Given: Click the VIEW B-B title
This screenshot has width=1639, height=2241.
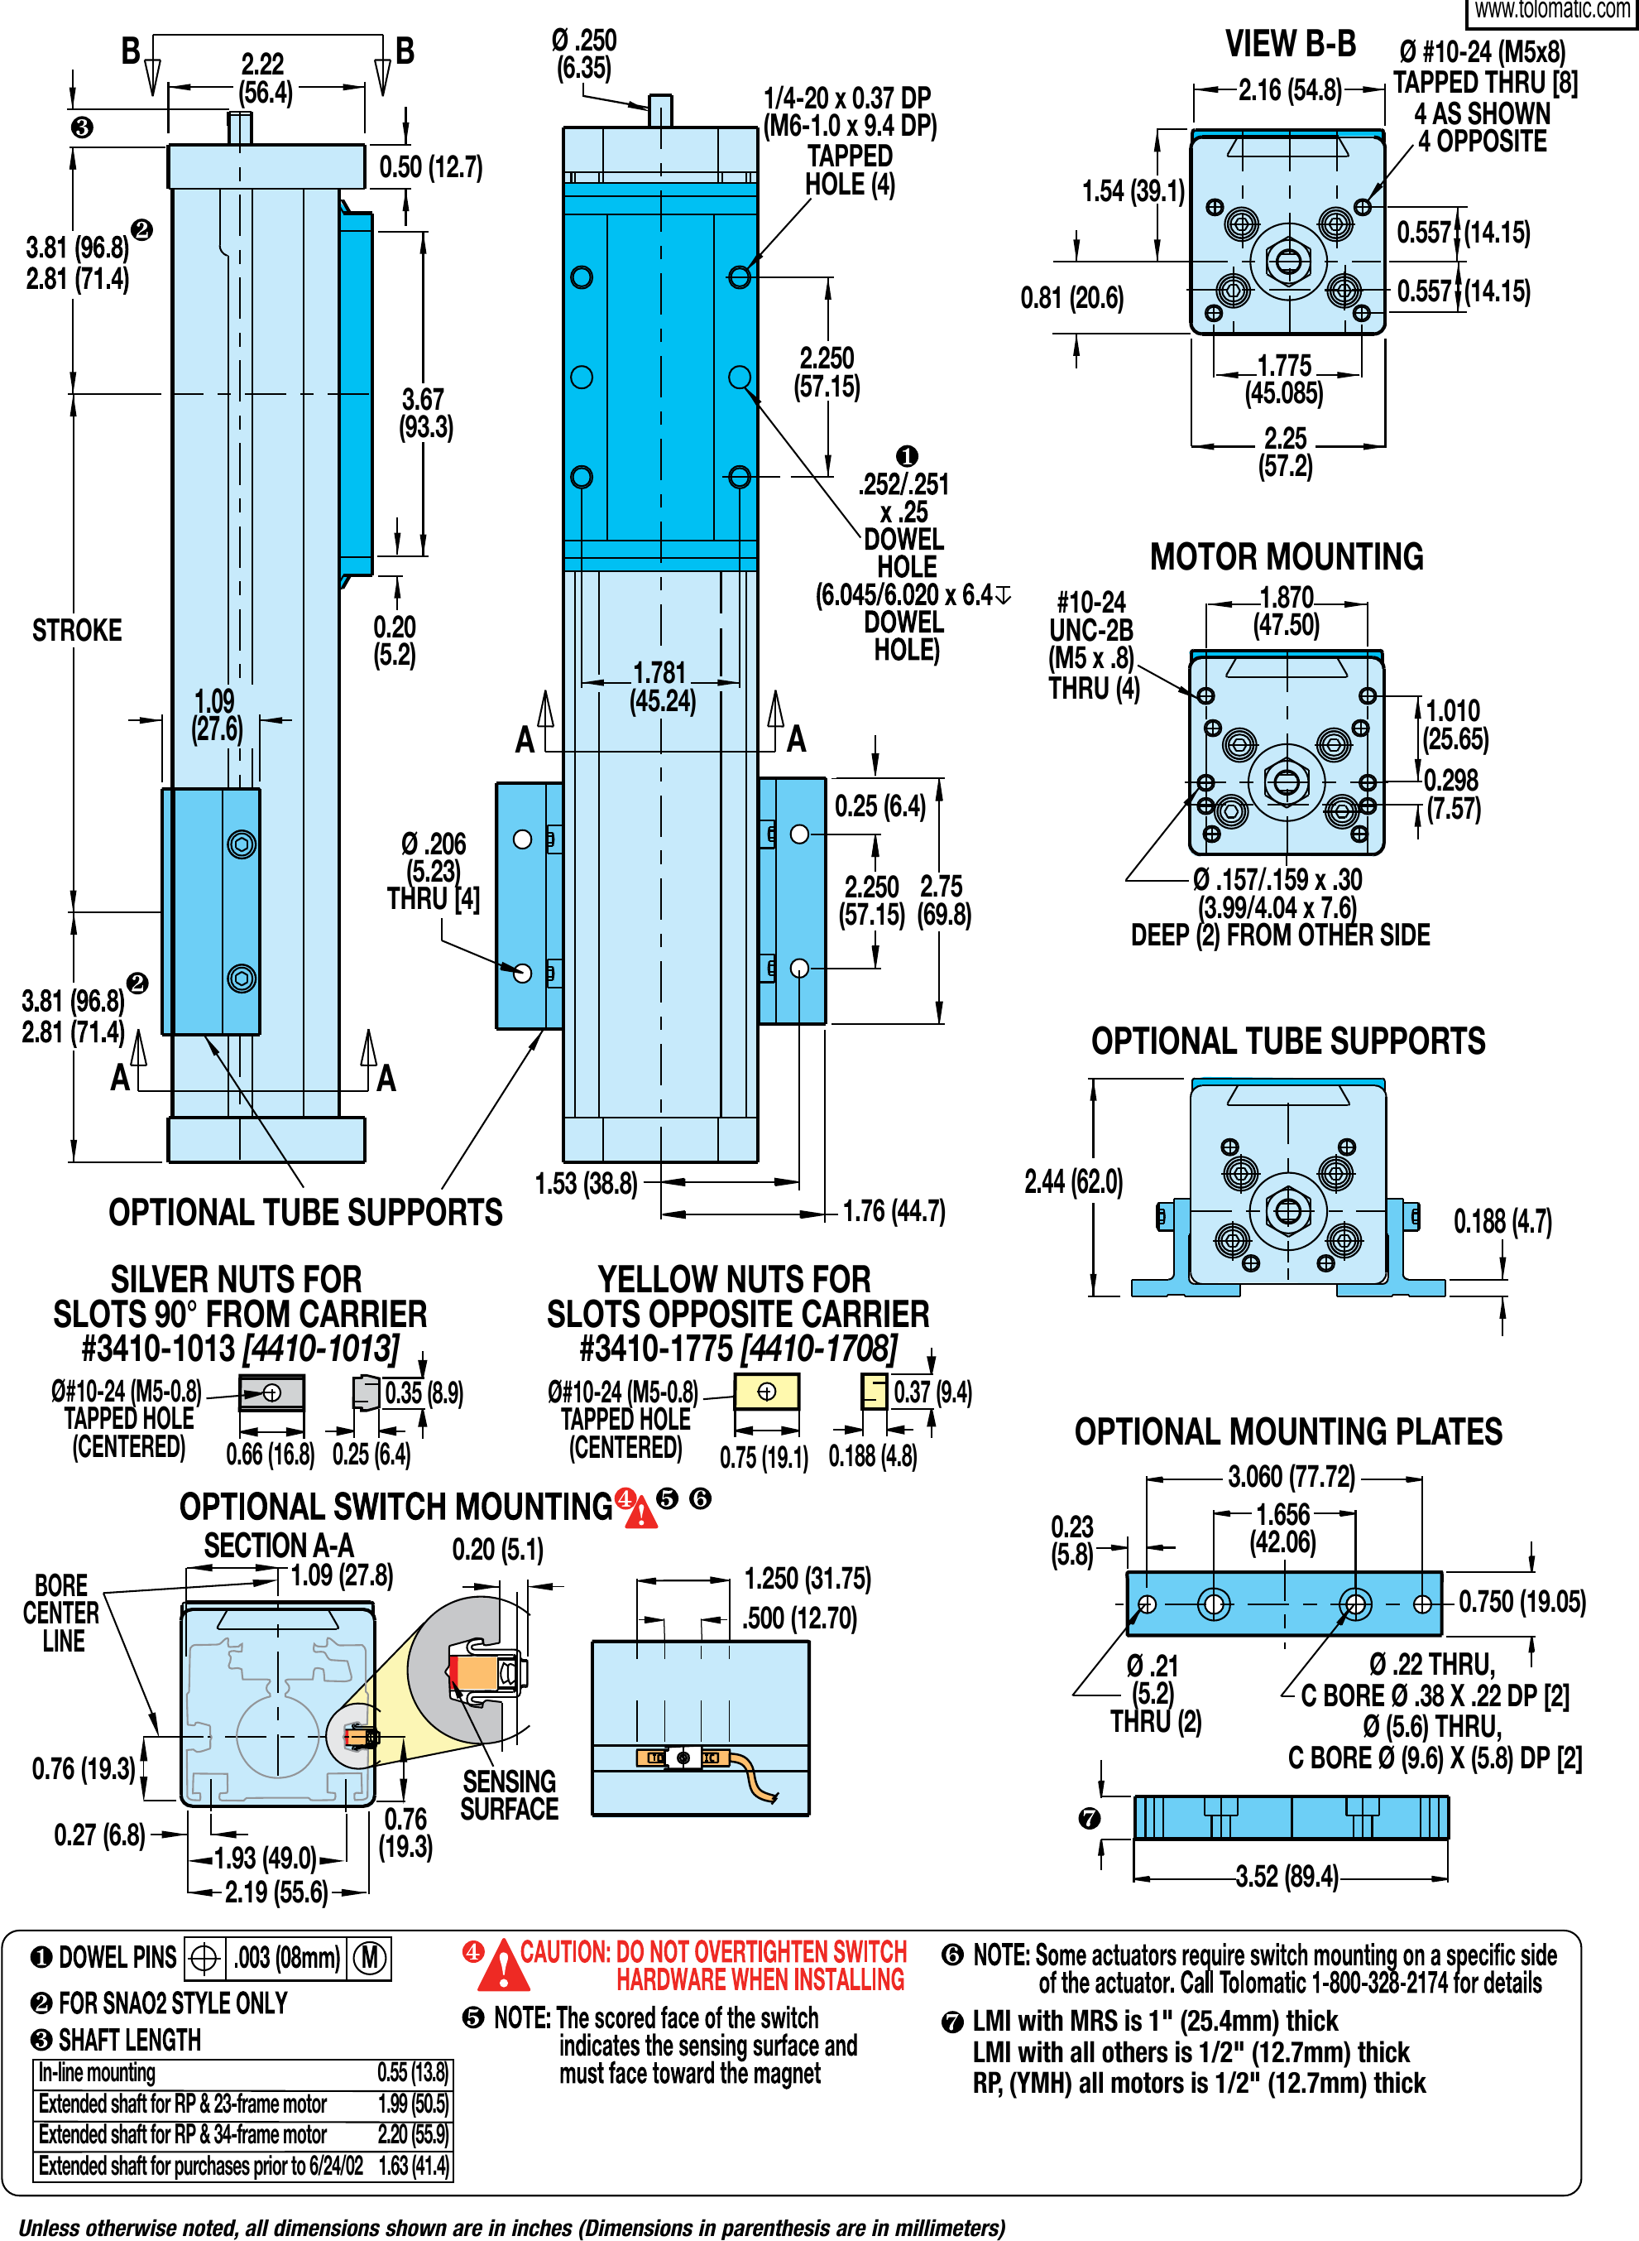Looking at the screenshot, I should click(x=1290, y=44).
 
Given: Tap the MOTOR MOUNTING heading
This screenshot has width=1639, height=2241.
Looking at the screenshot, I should click(x=1286, y=557).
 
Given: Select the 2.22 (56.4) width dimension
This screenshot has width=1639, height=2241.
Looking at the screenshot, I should click(x=263, y=79).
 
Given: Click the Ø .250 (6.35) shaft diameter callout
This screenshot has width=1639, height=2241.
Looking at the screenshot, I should click(x=584, y=55).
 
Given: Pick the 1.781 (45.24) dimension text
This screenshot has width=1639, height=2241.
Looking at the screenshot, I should click(x=662, y=687).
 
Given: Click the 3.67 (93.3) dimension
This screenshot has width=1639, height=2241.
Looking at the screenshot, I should click(x=425, y=414).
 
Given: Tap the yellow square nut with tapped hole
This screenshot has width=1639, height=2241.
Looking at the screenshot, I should click(x=766, y=1392).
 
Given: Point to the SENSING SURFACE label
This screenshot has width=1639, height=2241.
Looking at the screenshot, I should click(x=509, y=1795).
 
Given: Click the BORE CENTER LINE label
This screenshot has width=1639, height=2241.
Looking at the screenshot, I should click(x=61, y=1613).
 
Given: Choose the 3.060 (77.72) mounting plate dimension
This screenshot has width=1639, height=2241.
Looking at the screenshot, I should click(x=1290, y=1477).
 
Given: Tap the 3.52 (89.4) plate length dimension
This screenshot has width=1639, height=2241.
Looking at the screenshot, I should click(x=1286, y=1877).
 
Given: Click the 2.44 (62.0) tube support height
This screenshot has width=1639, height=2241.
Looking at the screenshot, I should click(x=1072, y=1181).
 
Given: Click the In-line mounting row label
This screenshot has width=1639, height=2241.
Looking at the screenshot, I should click(x=98, y=2073).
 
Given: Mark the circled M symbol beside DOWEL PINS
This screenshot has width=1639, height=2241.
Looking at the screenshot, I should click(x=370, y=1957).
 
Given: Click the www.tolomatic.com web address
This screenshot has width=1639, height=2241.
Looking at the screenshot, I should click(x=1550, y=11).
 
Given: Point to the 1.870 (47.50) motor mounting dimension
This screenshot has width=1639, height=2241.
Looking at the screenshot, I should click(x=1286, y=610).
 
